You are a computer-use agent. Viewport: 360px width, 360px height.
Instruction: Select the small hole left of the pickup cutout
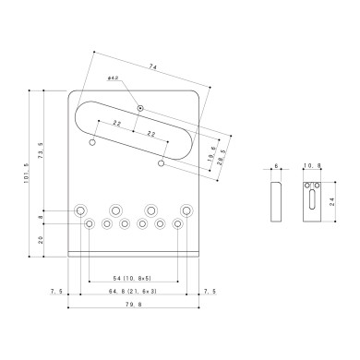pos(93,142)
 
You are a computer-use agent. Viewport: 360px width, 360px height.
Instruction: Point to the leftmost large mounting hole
pos(83,209)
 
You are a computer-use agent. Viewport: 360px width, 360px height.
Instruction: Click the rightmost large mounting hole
pos(186,209)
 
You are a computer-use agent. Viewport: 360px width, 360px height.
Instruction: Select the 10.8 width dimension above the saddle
pos(311,166)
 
